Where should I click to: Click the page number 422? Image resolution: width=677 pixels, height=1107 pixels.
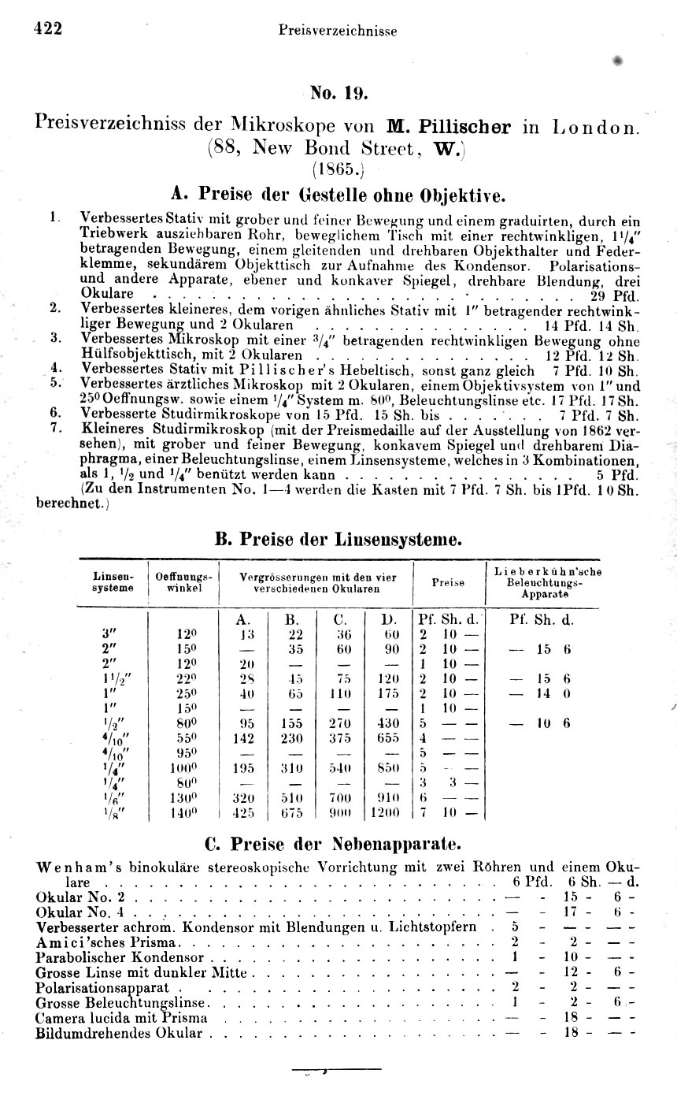tap(47, 28)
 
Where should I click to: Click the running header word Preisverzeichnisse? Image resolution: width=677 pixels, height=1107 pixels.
tap(337, 31)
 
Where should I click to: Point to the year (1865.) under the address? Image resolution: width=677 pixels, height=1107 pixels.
tap(339, 168)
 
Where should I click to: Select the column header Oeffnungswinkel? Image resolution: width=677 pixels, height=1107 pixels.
tap(184, 582)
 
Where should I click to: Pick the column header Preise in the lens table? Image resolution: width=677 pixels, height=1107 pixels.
tap(448, 582)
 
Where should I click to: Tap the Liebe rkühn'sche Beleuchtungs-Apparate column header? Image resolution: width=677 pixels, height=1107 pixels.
tap(547, 582)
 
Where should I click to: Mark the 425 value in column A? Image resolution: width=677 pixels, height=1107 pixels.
tap(246, 812)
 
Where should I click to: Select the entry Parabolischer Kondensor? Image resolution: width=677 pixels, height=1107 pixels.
tap(120, 958)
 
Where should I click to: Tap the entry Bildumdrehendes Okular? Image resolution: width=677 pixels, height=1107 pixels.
tap(120, 1033)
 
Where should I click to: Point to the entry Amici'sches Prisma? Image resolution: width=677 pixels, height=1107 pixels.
tap(109, 943)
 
